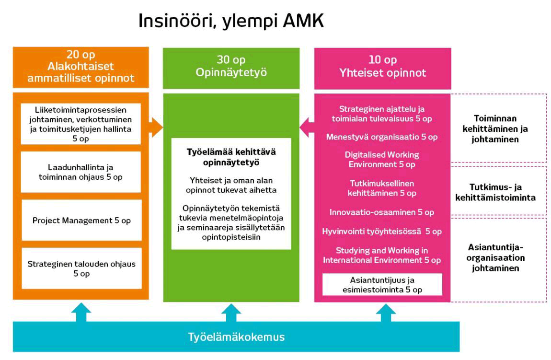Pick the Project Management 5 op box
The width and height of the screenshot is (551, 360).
(x=81, y=221)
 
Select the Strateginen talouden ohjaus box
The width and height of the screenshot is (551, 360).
(x=81, y=268)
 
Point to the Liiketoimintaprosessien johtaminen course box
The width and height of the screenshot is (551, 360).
(x=81, y=123)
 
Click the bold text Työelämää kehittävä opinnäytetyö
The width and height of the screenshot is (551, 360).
(x=231, y=157)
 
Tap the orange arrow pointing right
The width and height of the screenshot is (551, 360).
(x=154, y=127)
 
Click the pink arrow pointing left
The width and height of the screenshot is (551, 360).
(x=307, y=127)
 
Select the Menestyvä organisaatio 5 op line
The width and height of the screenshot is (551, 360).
(x=382, y=137)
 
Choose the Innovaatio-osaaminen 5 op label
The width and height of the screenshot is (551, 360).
(x=382, y=212)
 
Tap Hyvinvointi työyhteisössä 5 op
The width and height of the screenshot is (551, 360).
(x=382, y=232)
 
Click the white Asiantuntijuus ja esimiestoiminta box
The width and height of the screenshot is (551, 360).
(x=382, y=284)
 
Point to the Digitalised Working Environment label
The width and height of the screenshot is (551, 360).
(x=382, y=159)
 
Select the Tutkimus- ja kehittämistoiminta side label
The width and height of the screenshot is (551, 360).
(x=498, y=192)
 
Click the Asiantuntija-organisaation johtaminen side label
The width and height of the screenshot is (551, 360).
(x=498, y=258)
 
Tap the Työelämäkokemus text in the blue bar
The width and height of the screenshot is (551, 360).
(x=236, y=337)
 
